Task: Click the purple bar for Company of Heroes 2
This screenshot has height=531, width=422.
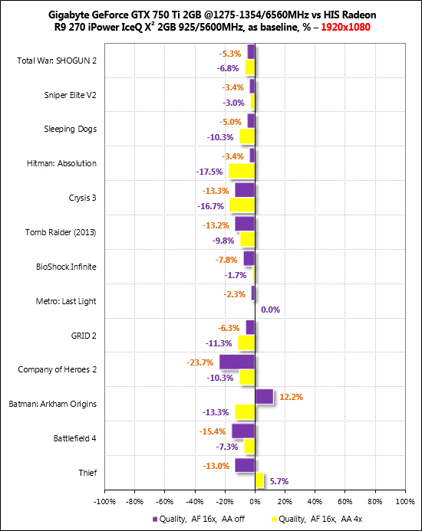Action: click(237, 362)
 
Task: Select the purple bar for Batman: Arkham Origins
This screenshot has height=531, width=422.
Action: click(264, 397)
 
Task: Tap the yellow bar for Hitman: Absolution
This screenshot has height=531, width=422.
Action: click(242, 171)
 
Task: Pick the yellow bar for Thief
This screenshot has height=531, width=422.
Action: click(259, 480)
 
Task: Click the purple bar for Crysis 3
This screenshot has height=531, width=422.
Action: click(245, 190)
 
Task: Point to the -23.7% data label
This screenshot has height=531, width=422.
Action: click(199, 362)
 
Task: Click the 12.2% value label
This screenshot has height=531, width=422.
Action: click(291, 397)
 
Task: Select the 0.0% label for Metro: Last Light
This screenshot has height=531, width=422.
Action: click(270, 310)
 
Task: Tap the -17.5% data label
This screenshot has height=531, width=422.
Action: click(209, 172)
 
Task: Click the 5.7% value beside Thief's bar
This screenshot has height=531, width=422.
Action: click(279, 481)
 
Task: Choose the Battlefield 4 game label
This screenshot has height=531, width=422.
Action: click(74, 438)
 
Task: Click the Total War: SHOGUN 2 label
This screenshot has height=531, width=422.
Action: click(57, 61)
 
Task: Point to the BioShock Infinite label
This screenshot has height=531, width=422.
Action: click(66, 267)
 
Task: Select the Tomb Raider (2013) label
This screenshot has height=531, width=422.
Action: click(61, 232)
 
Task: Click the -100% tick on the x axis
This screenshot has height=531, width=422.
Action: click(104, 502)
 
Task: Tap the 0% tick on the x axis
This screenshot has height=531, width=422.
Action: click(255, 502)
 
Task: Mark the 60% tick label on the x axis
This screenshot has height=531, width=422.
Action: click(345, 502)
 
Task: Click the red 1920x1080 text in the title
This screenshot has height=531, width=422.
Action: click(345, 27)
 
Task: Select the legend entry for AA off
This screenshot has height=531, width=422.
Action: click(199, 519)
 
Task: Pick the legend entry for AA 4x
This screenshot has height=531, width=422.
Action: click(317, 519)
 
